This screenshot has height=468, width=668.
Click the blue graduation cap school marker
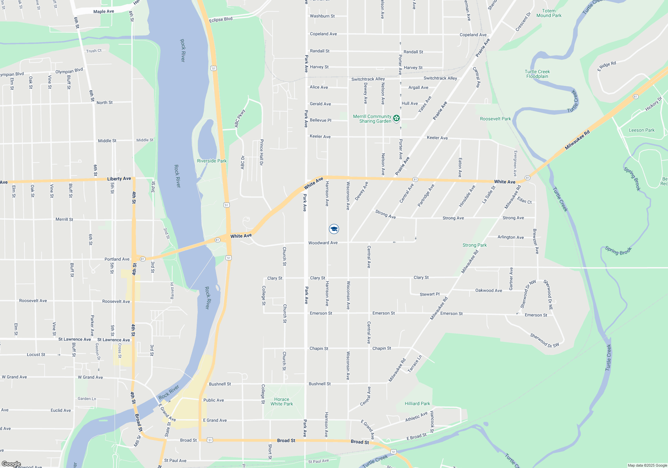334,229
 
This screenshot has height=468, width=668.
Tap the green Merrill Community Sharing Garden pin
396,118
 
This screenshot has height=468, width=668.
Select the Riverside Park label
212,161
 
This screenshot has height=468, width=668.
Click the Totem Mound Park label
549,13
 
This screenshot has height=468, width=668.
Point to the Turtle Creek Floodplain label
537,74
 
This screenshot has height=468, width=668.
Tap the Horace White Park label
282,401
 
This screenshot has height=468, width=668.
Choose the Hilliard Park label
417,403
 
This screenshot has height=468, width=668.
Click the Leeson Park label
642,130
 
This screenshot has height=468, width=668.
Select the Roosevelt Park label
495,119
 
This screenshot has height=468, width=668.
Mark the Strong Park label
474,245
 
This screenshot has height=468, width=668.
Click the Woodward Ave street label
323,243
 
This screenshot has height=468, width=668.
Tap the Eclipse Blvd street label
221,20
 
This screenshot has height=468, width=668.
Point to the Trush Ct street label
94,51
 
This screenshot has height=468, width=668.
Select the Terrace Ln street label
414,364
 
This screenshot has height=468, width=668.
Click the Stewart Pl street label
430,294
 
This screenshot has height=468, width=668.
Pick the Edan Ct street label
524,200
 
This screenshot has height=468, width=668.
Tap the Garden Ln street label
87,398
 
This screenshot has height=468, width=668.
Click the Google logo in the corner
11,464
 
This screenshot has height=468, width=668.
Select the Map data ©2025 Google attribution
647,465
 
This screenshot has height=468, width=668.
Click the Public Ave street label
213,400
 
